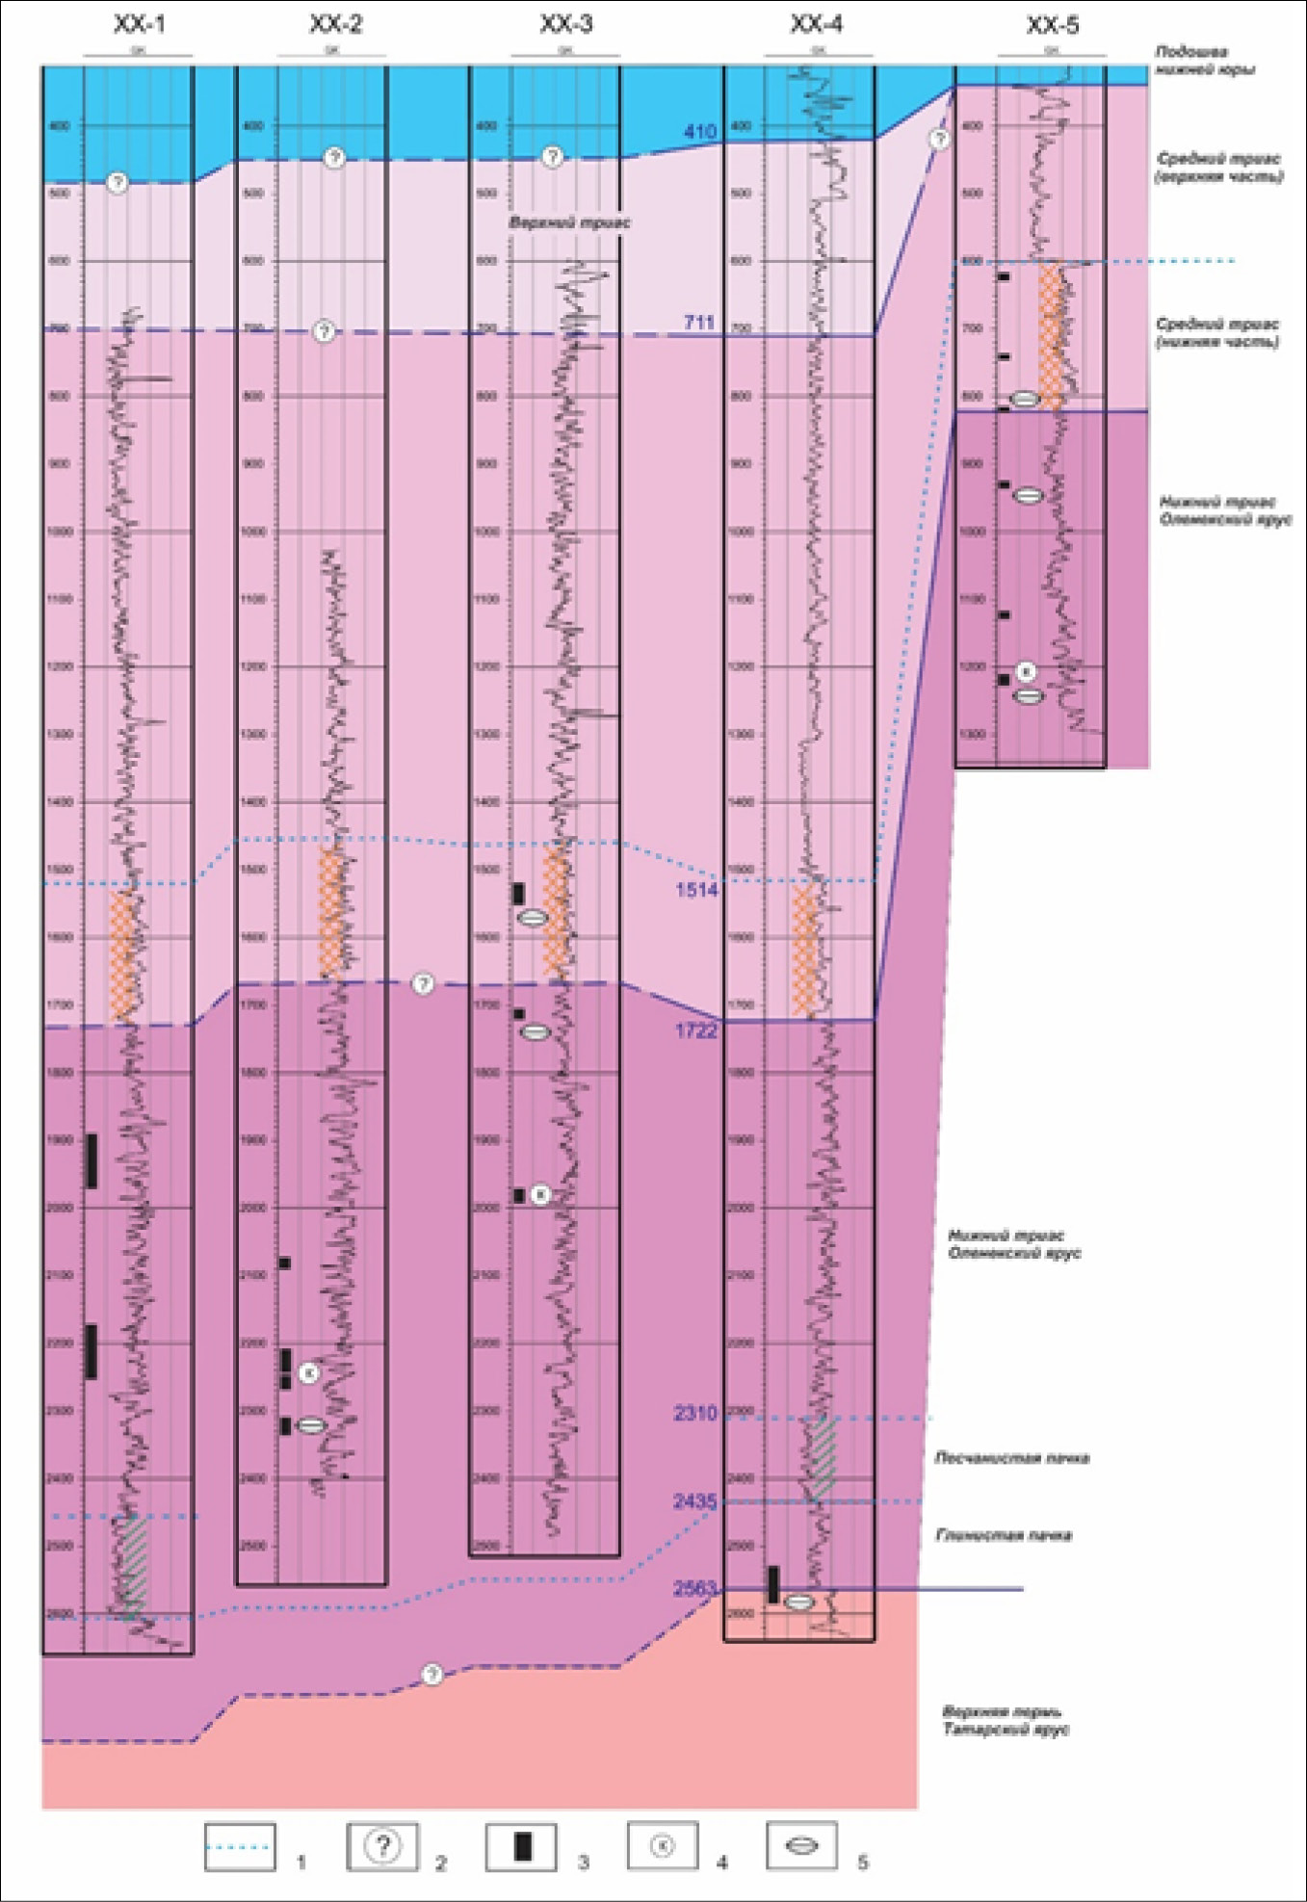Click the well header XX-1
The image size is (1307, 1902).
click(x=139, y=24)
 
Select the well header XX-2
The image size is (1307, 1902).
click(x=335, y=24)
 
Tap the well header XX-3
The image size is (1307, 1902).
click(x=565, y=24)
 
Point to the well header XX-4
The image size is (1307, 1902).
click(x=816, y=24)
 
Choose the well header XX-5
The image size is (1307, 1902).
click(x=1052, y=25)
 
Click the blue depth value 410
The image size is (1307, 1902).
click(x=700, y=132)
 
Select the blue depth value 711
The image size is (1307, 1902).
click(x=700, y=323)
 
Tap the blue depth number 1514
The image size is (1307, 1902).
click(x=696, y=890)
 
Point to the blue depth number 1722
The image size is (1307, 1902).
click(x=696, y=1031)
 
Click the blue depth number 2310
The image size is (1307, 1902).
click(x=695, y=1413)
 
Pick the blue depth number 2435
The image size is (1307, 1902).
click(x=695, y=1501)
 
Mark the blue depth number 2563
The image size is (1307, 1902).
click(x=695, y=1588)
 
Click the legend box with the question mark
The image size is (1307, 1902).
click(x=382, y=1846)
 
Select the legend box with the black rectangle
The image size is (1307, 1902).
click(x=521, y=1846)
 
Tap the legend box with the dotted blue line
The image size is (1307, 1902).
click(x=240, y=1846)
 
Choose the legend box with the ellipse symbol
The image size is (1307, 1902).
click(x=801, y=1846)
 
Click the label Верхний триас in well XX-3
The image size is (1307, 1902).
click(x=569, y=222)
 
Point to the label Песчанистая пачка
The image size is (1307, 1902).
click(x=1011, y=1458)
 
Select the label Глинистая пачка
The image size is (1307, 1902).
click(x=1004, y=1535)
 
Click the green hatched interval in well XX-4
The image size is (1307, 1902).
click(x=822, y=1457)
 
